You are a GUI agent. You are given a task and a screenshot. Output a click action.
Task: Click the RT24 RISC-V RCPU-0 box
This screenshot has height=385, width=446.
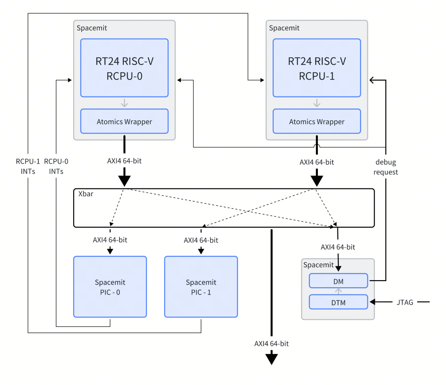(124, 68)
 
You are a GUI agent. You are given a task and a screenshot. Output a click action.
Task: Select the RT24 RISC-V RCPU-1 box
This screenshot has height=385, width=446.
(317, 68)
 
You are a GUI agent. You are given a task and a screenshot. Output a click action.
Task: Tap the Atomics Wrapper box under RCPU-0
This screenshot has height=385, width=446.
(124, 121)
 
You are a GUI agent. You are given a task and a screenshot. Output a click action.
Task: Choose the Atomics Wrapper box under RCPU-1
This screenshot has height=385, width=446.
(317, 121)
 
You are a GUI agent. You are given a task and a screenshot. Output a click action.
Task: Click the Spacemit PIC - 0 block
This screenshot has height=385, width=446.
(110, 287)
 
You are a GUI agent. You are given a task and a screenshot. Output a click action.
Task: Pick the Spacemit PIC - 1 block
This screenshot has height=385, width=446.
(201, 287)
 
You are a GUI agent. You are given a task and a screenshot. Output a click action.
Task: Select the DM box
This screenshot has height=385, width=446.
(338, 281)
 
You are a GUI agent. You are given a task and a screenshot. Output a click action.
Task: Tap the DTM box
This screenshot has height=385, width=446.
(338, 302)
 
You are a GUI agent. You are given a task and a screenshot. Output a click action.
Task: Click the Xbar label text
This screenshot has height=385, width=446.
(86, 194)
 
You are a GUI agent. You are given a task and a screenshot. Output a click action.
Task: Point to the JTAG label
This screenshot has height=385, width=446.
(405, 302)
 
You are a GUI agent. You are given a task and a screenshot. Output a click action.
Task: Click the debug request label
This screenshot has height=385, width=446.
(386, 167)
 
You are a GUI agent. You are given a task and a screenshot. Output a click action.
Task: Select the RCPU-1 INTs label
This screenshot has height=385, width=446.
(28, 166)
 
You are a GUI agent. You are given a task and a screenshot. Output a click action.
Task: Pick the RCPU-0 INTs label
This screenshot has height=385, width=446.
(56, 166)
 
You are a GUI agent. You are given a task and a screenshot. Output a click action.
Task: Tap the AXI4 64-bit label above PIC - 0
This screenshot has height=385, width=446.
(110, 240)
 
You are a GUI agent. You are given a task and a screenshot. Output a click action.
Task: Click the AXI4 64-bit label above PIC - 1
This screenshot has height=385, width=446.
(201, 240)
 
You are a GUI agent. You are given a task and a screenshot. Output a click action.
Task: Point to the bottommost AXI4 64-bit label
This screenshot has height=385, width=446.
(271, 343)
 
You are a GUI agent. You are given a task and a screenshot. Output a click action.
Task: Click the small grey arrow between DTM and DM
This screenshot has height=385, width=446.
(338, 291)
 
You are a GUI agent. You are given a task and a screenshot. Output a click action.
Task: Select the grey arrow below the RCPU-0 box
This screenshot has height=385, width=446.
(124, 103)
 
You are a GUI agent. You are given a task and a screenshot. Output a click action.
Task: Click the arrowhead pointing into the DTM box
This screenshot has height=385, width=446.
(372, 302)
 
